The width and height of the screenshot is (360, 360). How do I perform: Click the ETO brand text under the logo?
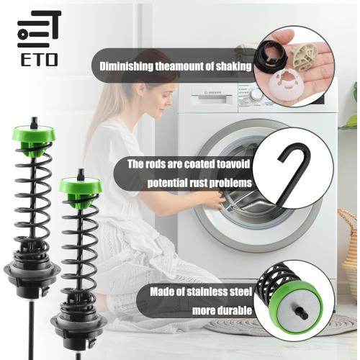[40, 60]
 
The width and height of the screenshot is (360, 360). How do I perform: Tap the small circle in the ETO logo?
[23, 34]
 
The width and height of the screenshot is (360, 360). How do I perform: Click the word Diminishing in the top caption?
[126, 66]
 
